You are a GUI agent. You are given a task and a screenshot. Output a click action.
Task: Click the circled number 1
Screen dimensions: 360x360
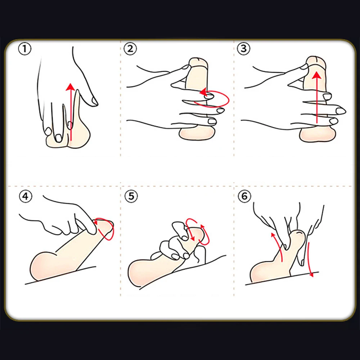point(24,49)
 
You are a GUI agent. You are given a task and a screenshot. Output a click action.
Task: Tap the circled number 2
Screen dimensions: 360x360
point(130,49)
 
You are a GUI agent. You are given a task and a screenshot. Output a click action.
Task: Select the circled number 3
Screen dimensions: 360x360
point(244,49)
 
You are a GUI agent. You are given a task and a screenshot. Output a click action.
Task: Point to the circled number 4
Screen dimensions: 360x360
point(26,196)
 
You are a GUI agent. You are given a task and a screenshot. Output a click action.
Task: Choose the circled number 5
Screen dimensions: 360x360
point(131,196)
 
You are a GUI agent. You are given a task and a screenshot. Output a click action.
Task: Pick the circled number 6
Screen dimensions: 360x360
point(244,196)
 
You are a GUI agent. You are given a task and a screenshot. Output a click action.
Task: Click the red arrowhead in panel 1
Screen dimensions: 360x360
point(70,87)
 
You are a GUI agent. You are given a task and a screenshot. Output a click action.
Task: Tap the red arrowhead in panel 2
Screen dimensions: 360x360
point(203,92)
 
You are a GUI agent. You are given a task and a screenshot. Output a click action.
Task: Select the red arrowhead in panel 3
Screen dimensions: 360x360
point(317,75)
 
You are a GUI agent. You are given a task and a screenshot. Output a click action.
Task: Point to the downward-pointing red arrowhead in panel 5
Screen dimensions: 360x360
point(193,239)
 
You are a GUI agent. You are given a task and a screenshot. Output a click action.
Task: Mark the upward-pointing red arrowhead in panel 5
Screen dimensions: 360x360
point(202,227)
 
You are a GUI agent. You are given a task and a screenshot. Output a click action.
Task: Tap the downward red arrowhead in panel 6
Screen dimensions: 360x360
point(311,274)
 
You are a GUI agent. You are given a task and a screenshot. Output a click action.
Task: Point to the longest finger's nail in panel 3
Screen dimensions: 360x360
point(340,111)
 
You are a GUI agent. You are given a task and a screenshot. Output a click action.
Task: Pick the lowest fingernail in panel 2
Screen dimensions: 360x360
point(212,121)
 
